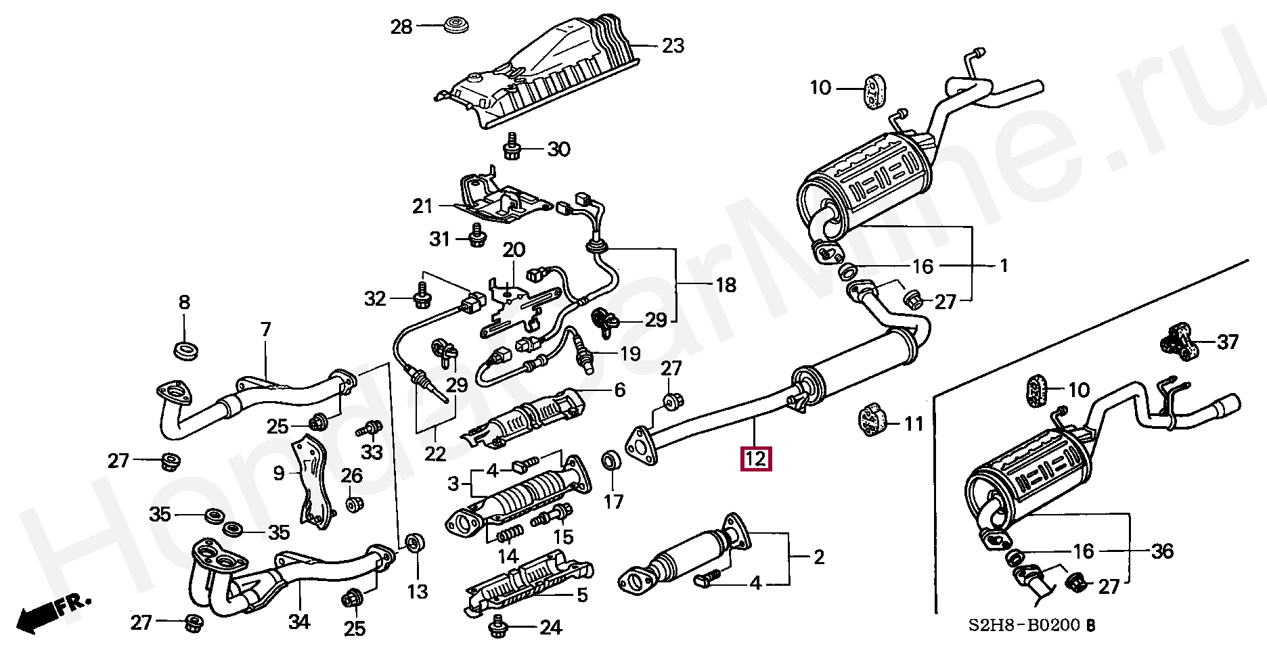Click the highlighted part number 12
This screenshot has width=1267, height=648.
coord(755,459)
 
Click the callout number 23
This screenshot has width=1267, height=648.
coord(673,46)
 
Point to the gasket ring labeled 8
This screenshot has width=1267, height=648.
coord(186,351)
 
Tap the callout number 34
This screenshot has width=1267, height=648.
coord(299,621)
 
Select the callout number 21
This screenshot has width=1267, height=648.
coord(422,206)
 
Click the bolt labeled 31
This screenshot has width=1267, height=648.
coord(477,237)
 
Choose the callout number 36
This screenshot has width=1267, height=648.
coord(1162,551)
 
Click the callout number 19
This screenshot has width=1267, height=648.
coord(629,353)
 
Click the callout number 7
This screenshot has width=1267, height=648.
coord(266,329)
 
